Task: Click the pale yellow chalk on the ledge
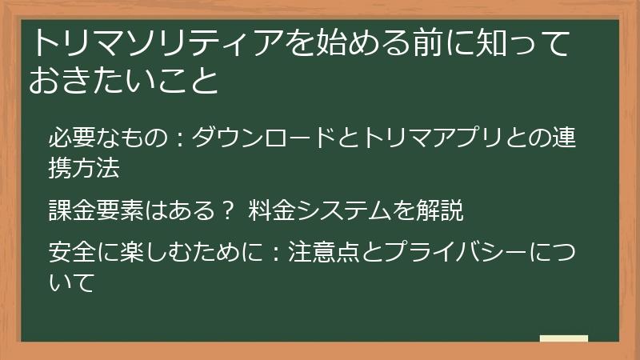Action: [563, 339]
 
